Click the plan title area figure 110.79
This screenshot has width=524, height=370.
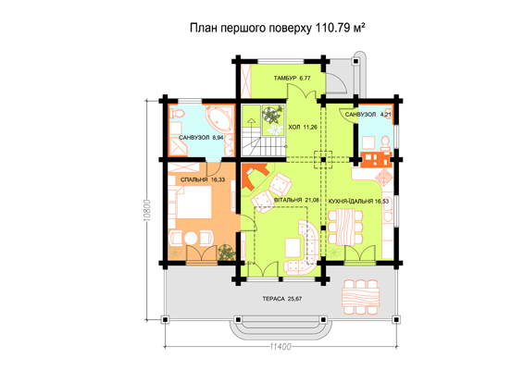tap(331, 28)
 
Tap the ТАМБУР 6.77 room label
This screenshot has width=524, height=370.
tap(292, 78)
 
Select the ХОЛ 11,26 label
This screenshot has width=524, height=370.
tap(303, 128)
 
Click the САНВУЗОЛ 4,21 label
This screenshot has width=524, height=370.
tap(368, 115)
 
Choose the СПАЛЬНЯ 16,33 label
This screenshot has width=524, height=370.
tap(203, 179)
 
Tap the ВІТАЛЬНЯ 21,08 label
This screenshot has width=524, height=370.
tap(296, 200)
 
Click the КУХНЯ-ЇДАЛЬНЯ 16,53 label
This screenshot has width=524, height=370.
tap(358, 202)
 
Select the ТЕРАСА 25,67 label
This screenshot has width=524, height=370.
tap(282, 299)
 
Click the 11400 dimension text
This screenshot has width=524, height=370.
tap(281, 347)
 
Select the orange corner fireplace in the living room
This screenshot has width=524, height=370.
tap(255, 177)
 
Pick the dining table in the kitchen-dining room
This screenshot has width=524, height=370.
tap(345, 227)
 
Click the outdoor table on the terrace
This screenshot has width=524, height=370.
tap(361, 297)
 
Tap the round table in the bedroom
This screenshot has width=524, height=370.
tap(191, 239)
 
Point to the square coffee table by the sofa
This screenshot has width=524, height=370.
tap(293, 247)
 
